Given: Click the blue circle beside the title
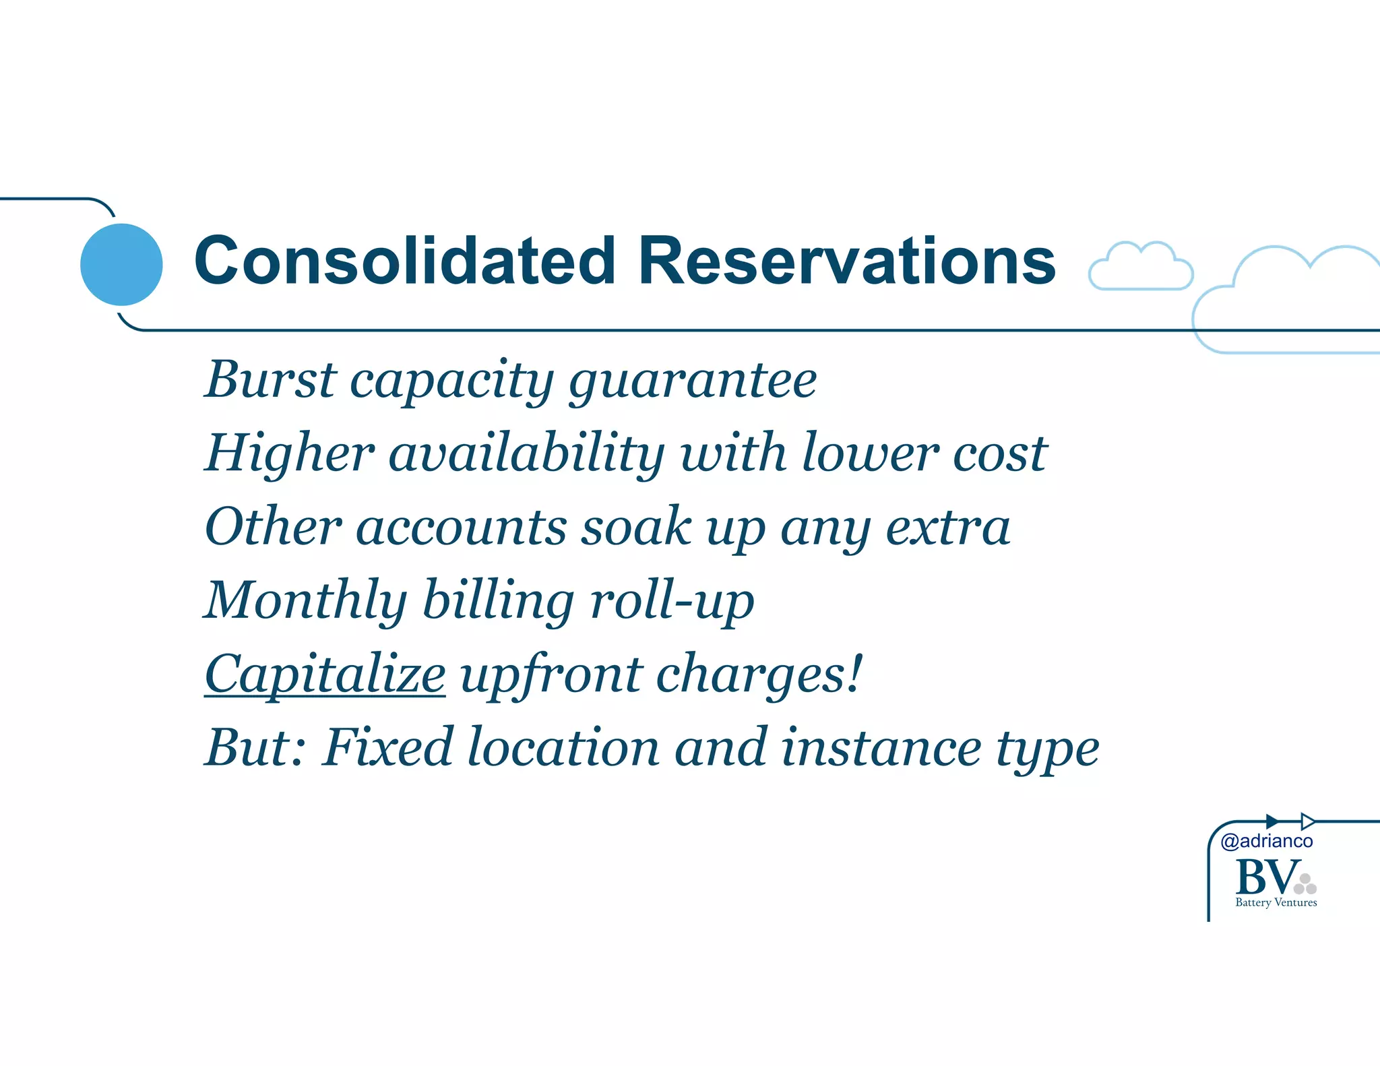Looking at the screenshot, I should click(121, 264).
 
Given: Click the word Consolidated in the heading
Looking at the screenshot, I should click(404, 261).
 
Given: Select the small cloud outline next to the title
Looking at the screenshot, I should click(1140, 267).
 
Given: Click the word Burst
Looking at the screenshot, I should click(270, 380).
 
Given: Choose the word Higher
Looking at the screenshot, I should click(290, 453).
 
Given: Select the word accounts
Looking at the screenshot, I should click(461, 528).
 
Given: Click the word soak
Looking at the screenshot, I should click(636, 526).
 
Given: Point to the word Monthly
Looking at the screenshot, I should click(305, 601).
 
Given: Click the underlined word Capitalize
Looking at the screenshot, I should click(325, 675).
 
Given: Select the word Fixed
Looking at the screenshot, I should click(388, 747).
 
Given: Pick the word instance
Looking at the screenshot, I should click(881, 747).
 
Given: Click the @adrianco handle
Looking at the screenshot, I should click(1267, 841).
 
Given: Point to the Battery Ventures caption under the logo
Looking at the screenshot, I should click(1276, 903).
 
